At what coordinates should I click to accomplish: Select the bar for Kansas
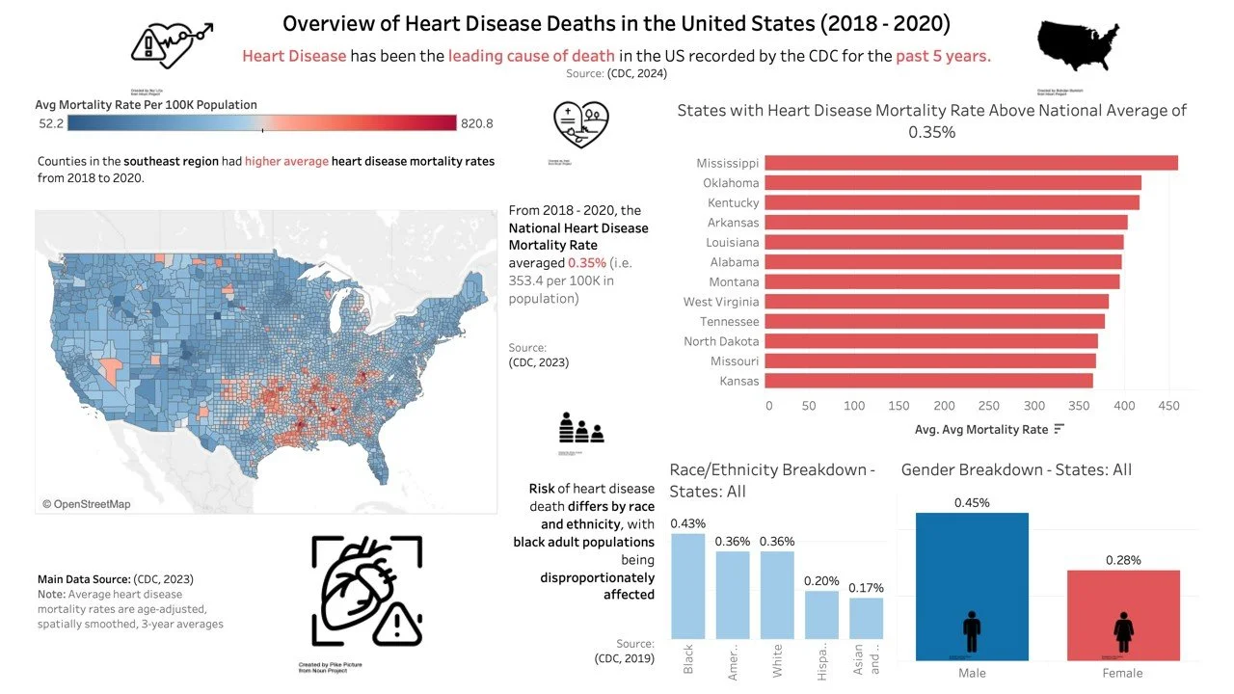coord(930,381)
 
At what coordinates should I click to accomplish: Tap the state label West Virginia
coord(721,302)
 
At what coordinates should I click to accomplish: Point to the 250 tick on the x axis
coord(990,407)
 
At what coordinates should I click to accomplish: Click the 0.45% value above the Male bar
coord(972,502)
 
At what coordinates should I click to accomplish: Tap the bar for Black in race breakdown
coord(687,592)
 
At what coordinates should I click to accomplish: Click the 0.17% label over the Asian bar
coord(866,588)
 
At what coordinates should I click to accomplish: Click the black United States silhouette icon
coord(1080,46)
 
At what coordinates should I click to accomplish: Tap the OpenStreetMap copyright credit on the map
coord(86,504)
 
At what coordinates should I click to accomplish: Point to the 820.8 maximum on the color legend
coord(476,123)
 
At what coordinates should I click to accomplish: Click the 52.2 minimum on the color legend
coord(50,123)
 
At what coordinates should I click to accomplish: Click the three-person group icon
coord(581,428)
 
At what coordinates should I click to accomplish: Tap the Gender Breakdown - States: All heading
coord(1016,470)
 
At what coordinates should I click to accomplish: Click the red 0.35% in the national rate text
coord(585,263)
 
